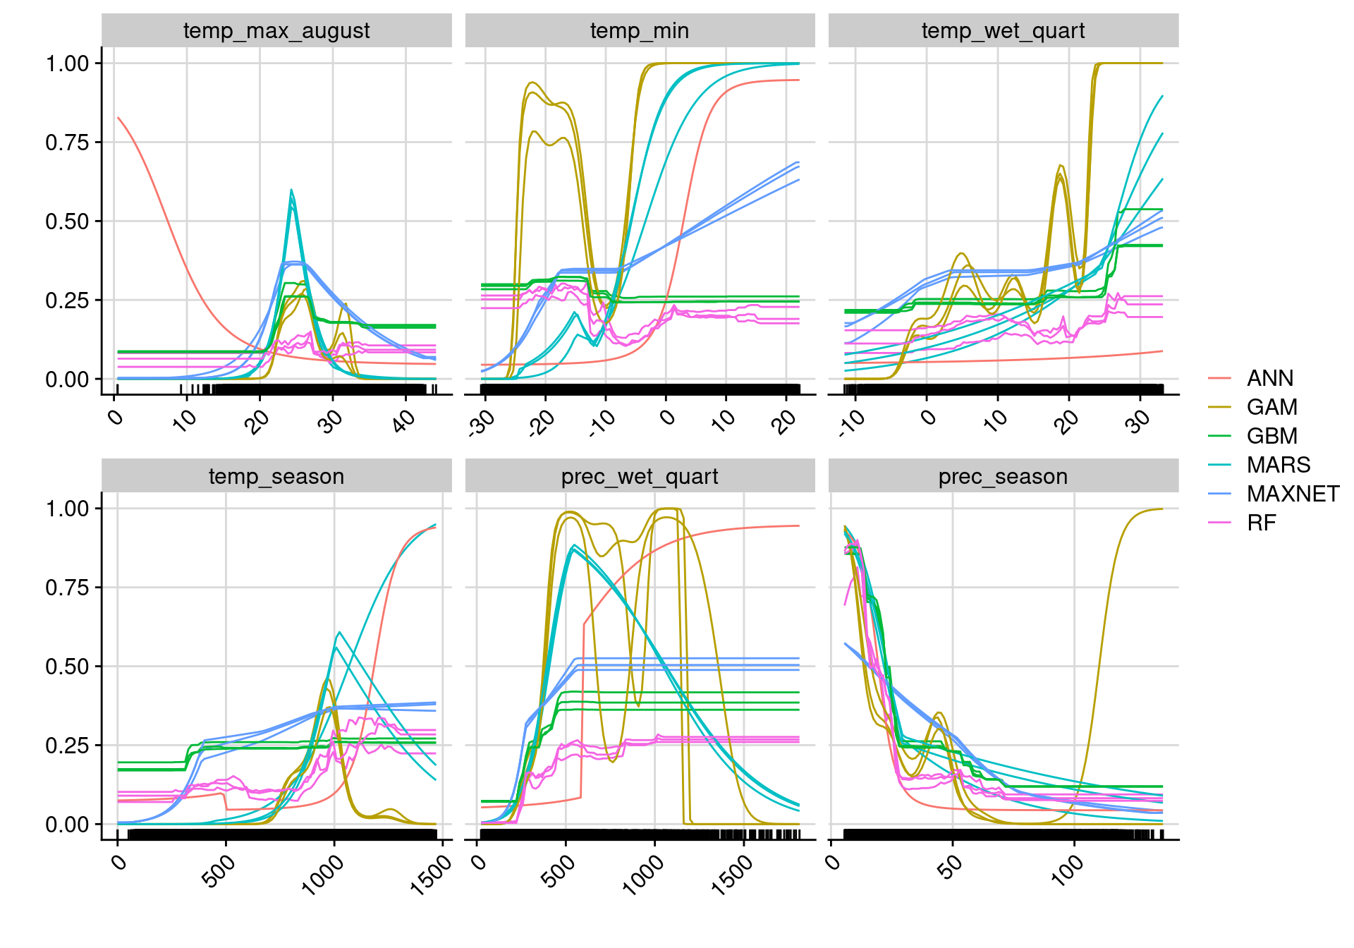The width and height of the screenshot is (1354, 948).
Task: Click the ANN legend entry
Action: click(1269, 378)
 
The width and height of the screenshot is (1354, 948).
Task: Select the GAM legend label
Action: click(1271, 407)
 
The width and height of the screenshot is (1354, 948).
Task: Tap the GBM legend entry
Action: click(1271, 436)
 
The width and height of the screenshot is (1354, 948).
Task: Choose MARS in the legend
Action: click(1278, 465)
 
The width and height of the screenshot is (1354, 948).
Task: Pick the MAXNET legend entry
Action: click(1293, 494)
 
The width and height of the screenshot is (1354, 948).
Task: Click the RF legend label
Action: click(1261, 523)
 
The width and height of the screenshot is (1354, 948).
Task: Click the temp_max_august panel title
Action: click(276, 31)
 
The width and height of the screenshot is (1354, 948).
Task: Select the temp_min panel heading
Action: click(640, 31)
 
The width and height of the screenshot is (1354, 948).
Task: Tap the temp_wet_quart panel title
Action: click(1003, 31)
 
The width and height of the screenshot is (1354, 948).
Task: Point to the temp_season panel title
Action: click(276, 477)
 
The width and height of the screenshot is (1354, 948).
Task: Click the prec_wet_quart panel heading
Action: click(640, 477)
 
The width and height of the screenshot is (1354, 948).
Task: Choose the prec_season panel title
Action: click(1003, 477)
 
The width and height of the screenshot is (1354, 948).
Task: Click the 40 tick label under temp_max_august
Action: click(403, 422)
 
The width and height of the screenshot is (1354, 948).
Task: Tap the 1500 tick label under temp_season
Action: click(431, 875)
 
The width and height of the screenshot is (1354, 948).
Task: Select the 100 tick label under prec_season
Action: click(1067, 869)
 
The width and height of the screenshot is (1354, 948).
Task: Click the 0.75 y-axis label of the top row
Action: click(68, 142)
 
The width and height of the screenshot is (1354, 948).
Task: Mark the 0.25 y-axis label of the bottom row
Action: click(68, 746)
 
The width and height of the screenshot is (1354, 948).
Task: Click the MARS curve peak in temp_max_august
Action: click(291, 190)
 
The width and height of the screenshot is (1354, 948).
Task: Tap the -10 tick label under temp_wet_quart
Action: click(852, 423)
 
